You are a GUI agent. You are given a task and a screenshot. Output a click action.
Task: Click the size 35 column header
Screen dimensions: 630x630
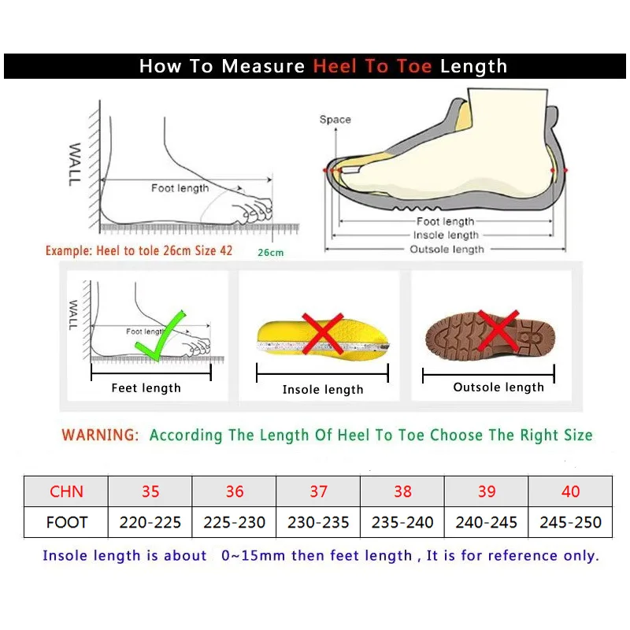[150, 491]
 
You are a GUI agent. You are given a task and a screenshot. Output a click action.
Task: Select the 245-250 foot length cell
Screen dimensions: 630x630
[570, 522]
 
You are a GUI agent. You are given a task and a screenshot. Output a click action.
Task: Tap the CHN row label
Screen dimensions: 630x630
[66, 491]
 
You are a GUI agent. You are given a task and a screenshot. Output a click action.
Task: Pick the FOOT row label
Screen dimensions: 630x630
[66, 522]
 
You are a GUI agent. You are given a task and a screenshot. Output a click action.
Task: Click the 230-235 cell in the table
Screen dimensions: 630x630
[318, 522]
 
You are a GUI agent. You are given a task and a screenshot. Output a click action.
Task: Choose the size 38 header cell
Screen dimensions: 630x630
[402, 491]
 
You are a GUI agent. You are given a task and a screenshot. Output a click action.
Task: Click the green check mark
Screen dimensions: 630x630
[160, 335]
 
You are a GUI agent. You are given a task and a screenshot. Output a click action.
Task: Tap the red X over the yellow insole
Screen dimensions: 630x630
[322, 334]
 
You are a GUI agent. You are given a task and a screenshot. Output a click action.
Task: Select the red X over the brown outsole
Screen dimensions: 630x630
[498, 331]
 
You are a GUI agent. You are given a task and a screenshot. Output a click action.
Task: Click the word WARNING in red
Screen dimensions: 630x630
[100, 435]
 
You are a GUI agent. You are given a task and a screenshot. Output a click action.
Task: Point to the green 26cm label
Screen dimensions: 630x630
[270, 253]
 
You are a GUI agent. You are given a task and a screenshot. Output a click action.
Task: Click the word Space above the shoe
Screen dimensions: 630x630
[335, 120]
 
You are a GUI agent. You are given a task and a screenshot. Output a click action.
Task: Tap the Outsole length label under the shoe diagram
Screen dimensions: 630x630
[447, 250]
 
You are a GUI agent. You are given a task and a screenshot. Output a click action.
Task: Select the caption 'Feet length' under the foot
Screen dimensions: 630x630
[146, 387]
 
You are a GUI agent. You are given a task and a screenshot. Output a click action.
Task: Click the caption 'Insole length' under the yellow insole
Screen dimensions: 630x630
[323, 390]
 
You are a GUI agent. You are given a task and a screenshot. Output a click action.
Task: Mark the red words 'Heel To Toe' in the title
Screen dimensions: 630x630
[372, 66]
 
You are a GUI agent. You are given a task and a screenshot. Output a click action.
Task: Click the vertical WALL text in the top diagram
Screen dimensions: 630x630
[75, 165]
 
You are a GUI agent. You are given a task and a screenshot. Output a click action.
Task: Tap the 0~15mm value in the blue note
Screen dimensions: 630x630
[254, 556]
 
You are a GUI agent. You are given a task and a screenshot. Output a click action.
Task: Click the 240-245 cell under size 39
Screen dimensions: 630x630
[487, 522]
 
